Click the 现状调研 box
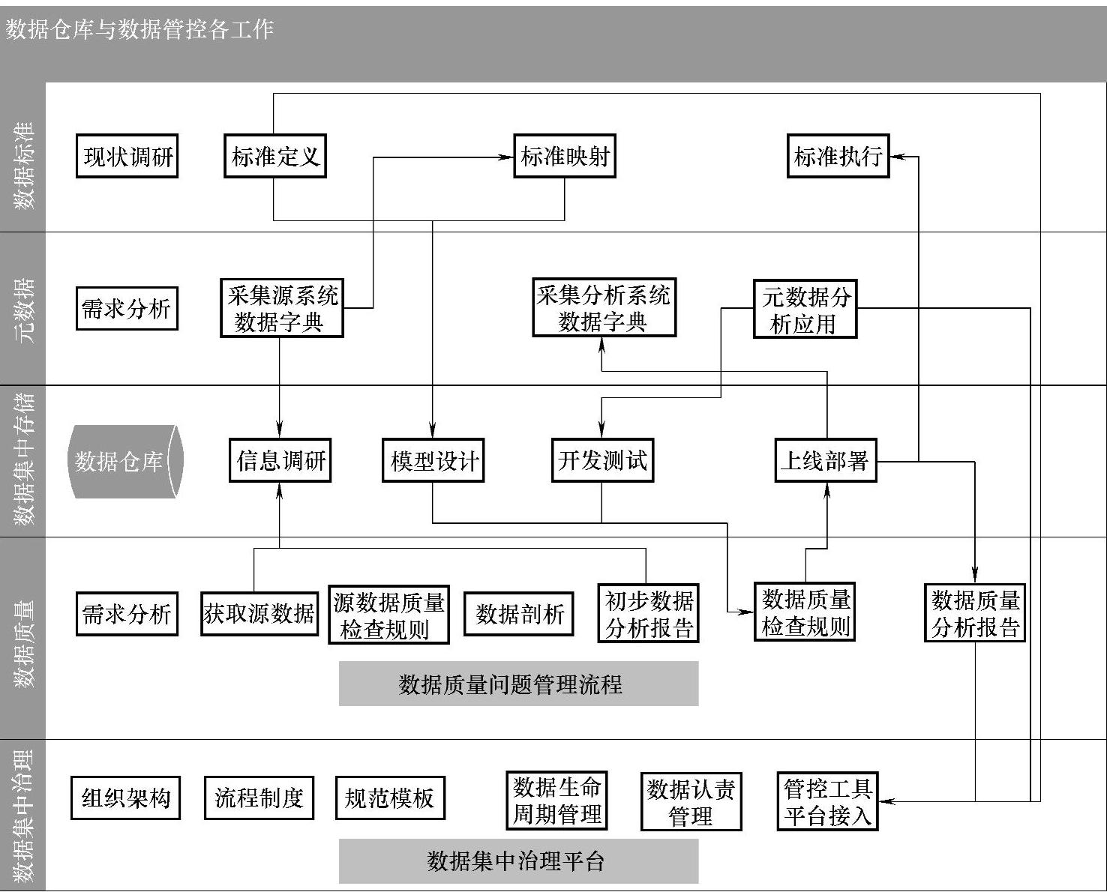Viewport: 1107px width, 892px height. (x=127, y=156)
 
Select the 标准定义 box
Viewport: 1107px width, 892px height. (x=275, y=156)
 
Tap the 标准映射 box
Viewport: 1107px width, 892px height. (x=564, y=156)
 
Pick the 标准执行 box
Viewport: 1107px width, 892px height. (x=838, y=156)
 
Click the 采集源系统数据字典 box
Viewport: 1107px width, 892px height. (x=282, y=308)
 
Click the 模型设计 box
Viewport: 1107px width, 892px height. (x=433, y=460)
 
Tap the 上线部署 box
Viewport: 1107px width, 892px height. (x=825, y=460)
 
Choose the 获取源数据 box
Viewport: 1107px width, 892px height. (x=259, y=614)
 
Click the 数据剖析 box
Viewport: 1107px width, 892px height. (x=519, y=614)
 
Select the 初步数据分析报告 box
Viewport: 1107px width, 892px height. (x=649, y=614)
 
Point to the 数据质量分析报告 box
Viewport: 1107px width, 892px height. (x=975, y=614)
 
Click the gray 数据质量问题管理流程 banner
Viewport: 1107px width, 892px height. (x=518, y=684)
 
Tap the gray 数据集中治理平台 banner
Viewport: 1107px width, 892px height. (x=518, y=861)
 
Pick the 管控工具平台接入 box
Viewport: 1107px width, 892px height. (x=827, y=801)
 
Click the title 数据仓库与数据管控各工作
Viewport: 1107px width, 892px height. (x=140, y=29)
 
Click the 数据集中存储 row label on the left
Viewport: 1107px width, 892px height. (x=24, y=459)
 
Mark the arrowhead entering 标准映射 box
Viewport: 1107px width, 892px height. (x=508, y=157)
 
